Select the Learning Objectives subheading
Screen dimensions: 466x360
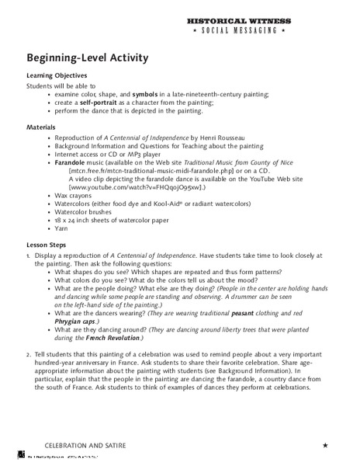59,75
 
